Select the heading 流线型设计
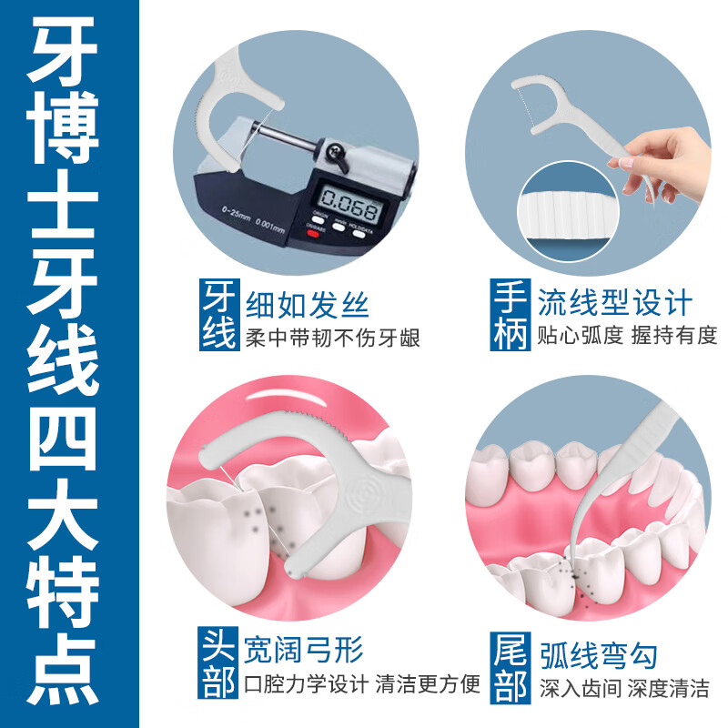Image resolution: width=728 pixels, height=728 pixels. click(614, 302)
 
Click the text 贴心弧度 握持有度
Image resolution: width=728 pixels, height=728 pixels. click(627, 336)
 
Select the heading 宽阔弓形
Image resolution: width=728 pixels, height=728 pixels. click(305, 652)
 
